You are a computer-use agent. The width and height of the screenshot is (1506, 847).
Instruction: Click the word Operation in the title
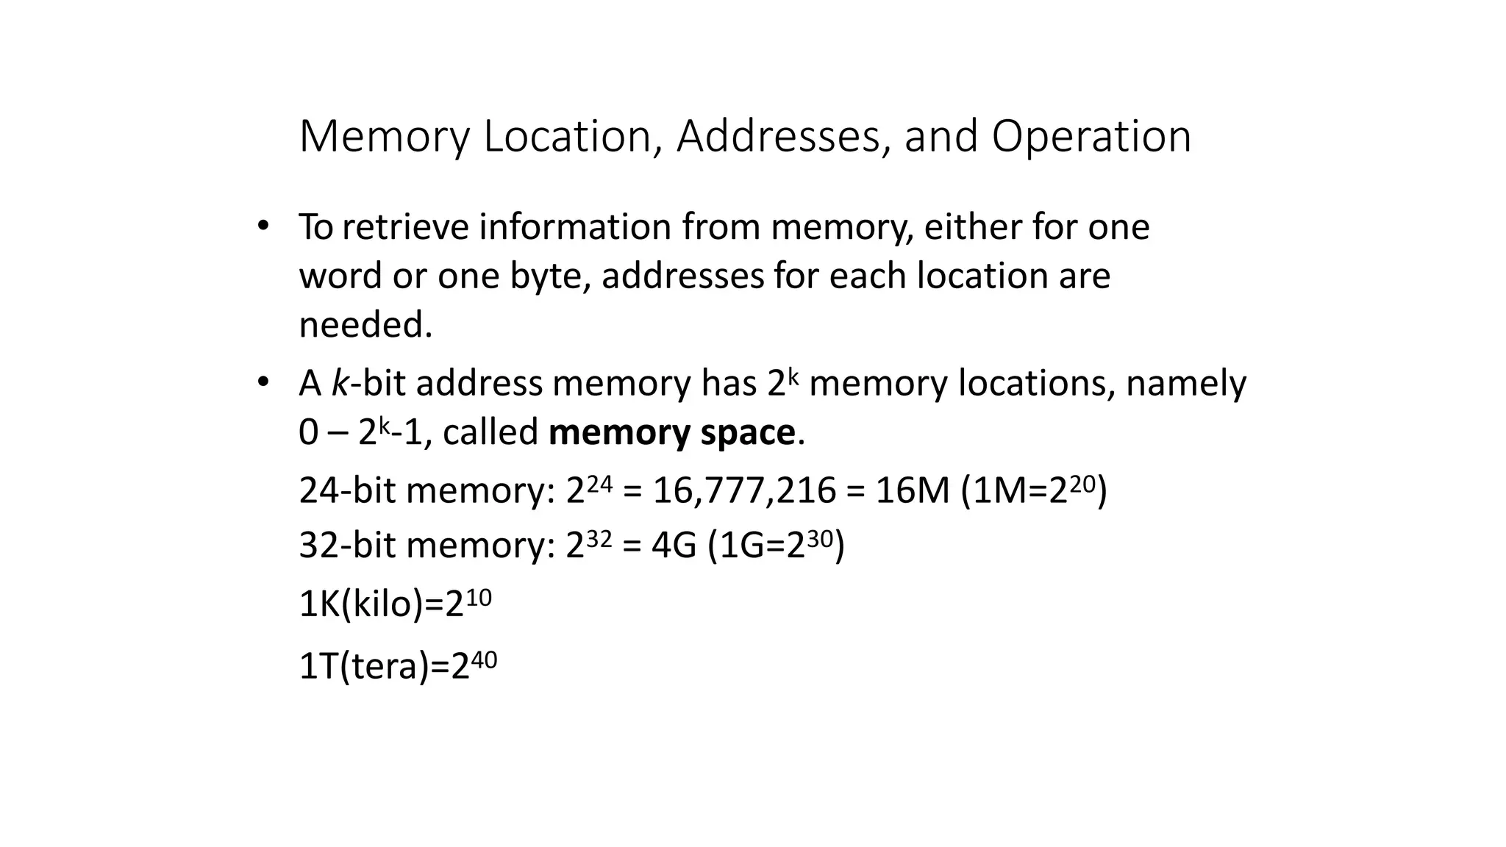[1091, 137]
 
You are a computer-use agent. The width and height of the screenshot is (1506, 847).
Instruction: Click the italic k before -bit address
[340, 383]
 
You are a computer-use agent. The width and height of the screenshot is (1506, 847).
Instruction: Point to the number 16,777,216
[744, 490]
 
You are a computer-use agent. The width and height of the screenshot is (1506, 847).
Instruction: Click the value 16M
[913, 490]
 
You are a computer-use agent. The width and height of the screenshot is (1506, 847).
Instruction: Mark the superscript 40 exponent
[484, 660]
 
